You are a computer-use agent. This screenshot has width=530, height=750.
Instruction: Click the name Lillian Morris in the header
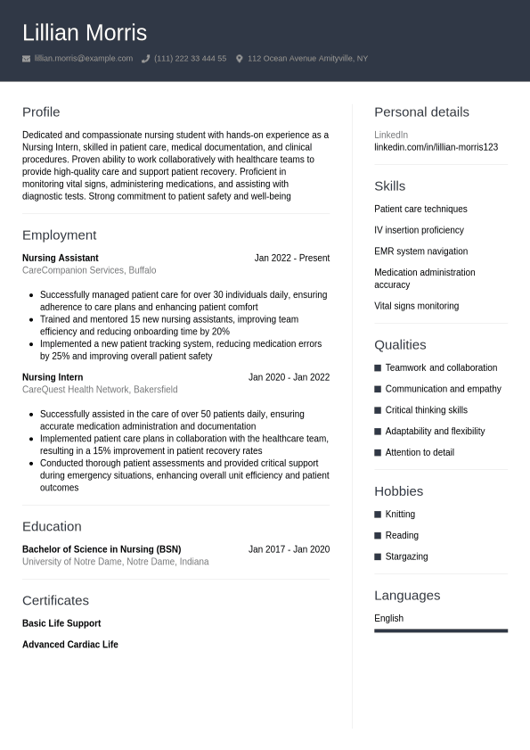coord(85,33)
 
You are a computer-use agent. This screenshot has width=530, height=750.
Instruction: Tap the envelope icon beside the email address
coord(26,59)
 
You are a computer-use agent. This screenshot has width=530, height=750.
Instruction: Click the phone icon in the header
coord(145,59)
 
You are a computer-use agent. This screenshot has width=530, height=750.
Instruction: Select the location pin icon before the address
coord(239,59)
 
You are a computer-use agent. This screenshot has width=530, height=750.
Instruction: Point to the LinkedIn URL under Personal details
coord(436,147)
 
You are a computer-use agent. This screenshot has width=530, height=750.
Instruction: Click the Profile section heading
coord(41,112)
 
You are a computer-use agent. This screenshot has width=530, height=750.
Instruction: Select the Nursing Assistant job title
coord(61,258)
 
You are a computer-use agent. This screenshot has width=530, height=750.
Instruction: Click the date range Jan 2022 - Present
coord(291,258)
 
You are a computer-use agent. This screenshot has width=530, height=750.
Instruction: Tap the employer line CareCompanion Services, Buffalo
coord(89,270)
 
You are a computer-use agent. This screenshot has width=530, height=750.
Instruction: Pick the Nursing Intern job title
coord(53,377)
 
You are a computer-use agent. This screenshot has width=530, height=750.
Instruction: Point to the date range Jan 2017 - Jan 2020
coord(289,549)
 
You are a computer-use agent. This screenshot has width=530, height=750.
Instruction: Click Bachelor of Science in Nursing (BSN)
coord(102,549)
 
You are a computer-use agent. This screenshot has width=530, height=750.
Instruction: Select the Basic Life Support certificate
coord(61,623)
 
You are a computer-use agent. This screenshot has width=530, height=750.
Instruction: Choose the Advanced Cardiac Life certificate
coord(70,645)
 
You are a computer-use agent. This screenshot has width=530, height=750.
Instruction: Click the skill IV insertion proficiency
coord(419,230)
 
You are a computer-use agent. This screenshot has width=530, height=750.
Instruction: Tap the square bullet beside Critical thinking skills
coord(378,410)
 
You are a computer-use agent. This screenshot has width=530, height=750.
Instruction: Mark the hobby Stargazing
coord(406,556)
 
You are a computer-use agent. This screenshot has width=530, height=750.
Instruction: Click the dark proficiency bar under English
coord(441,630)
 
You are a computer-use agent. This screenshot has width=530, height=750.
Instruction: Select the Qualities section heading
coord(400,345)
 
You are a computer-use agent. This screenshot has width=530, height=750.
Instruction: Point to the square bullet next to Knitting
coord(378,515)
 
